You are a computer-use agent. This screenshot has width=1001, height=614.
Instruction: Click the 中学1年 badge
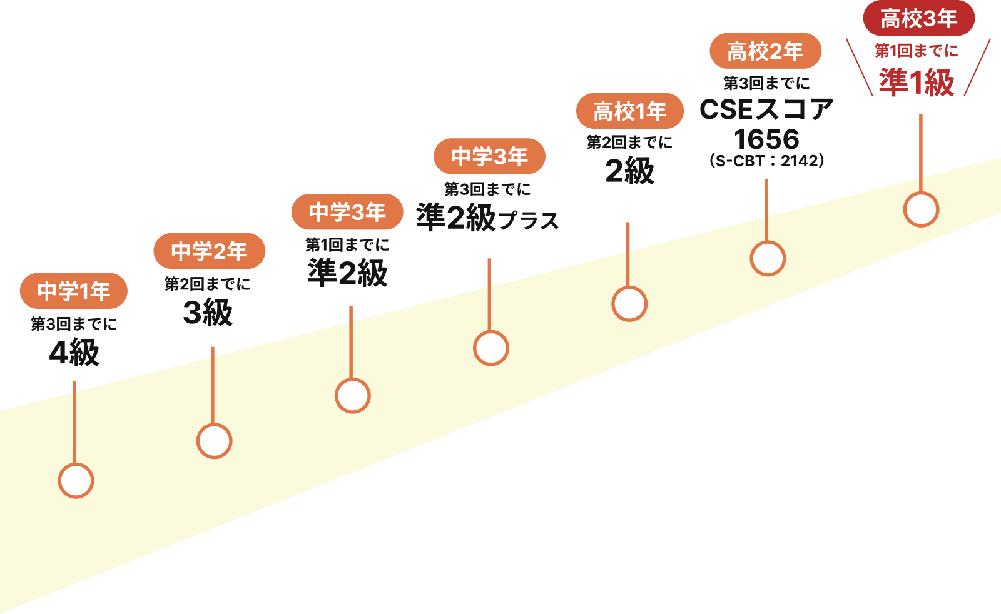[x=73, y=291]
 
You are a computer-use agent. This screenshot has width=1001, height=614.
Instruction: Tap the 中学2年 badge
[x=209, y=251]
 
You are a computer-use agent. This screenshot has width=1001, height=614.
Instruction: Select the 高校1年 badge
[x=629, y=111]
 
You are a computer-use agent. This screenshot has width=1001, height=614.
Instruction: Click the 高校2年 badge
[x=765, y=51]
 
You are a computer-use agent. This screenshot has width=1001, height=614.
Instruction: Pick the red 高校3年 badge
[x=918, y=18]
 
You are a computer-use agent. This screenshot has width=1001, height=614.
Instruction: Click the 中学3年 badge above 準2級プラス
[x=489, y=156]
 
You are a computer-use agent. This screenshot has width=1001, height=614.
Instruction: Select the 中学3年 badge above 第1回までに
[x=347, y=212]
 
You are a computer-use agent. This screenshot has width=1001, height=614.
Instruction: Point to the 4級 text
[x=74, y=352]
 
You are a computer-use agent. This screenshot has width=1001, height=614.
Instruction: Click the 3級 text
[x=208, y=312]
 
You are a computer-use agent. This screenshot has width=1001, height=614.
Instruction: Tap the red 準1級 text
[x=917, y=82]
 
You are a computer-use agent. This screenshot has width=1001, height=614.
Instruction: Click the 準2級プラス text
[x=487, y=218]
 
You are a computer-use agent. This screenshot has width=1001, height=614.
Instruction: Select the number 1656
[x=766, y=138]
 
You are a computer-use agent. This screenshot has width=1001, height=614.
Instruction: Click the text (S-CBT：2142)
[x=766, y=161]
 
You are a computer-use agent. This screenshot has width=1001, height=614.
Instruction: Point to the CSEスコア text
[x=766, y=109]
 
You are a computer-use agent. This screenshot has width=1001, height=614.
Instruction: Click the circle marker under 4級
[x=76, y=480]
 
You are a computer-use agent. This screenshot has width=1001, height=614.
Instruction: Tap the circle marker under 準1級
[x=921, y=209]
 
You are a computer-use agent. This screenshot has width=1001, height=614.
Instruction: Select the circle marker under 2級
[x=629, y=304]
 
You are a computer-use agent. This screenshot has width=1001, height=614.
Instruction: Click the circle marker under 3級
[x=214, y=441]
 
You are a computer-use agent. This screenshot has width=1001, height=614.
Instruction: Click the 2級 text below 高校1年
[x=629, y=171]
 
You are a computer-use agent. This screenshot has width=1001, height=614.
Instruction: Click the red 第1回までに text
[x=916, y=50]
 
